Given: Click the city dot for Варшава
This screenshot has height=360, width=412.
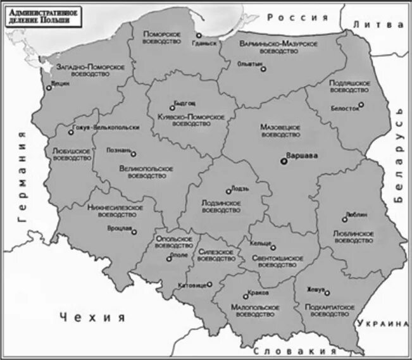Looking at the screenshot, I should pos(284,161).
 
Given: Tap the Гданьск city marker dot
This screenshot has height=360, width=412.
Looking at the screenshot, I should pos(199,36).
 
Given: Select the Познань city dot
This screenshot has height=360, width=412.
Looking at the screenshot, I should pos(133,153).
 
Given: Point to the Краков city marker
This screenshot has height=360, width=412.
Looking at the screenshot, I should pos(246,295).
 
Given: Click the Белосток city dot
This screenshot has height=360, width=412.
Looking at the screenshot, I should pos(361,105).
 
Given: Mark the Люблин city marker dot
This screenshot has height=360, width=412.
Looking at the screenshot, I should pos(345,220).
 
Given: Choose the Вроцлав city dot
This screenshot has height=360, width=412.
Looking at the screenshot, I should pos(134,232).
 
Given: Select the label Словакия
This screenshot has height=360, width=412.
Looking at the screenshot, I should pos(293,351).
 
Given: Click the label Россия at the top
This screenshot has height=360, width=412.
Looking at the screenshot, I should pos(297,17).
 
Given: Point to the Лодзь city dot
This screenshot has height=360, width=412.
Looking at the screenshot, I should pos(228,190).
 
